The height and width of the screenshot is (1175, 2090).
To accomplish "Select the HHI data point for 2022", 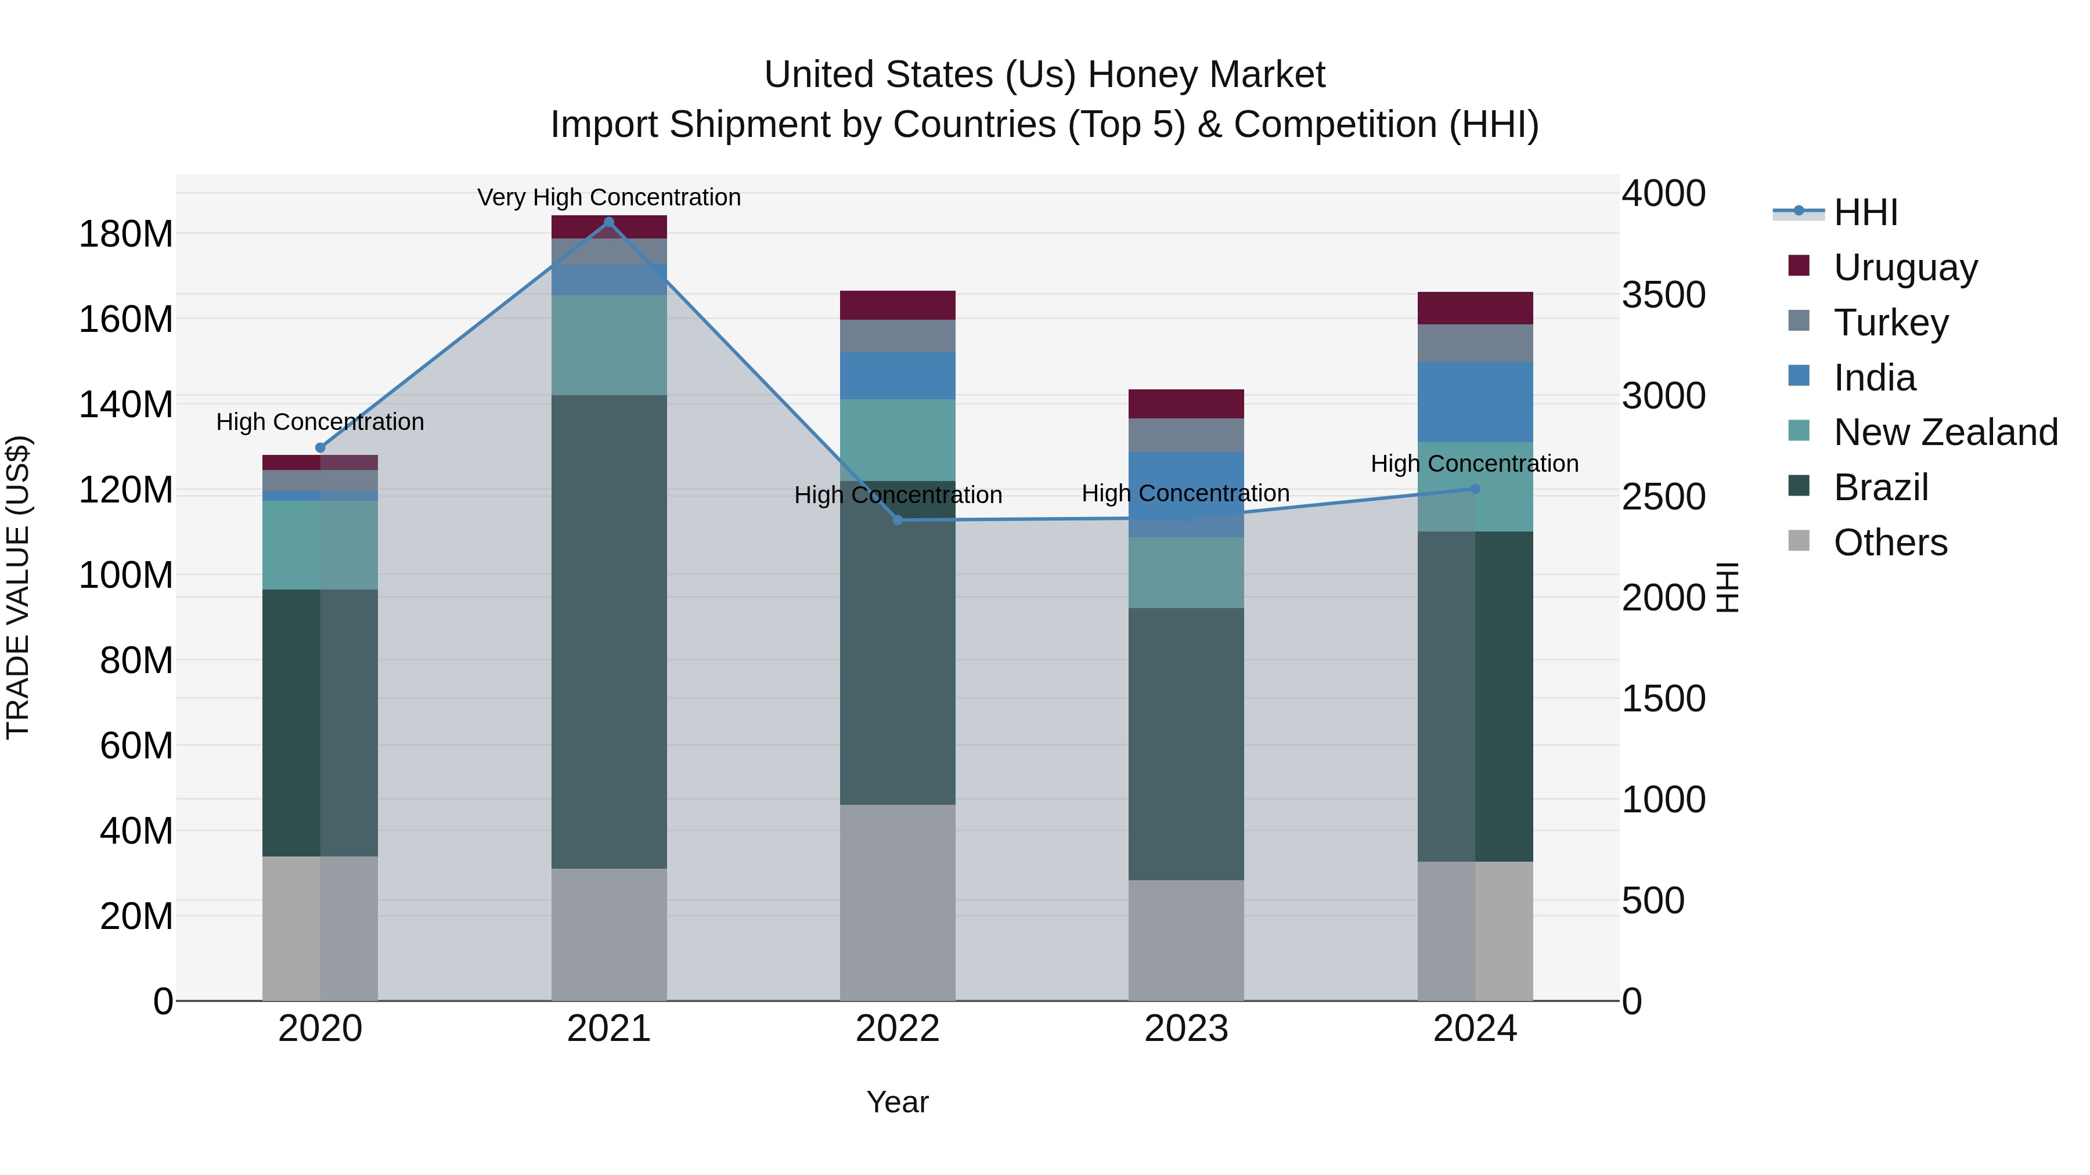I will pyautogui.click(x=898, y=520).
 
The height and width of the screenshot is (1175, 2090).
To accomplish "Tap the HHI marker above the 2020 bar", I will pyautogui.click(x=320, y=447).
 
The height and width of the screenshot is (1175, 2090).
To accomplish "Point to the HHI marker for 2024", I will pyautogui.click(x=1475, y=489).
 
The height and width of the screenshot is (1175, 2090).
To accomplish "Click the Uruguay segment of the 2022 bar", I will pyautogui.click(x=898, y=305).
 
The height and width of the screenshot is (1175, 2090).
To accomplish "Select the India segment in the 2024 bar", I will pyautogui.click(x=1475, y=402).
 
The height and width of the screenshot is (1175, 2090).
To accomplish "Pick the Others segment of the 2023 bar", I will pyautogui.click(x=1186, y=940).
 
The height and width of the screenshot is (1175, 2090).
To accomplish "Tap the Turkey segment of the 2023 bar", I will pyautogui.click(x=1186, y=435).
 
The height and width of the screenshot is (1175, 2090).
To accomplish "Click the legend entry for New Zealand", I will pyautogui.click(x=1945, y=432).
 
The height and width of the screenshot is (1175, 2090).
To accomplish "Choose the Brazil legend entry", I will pyautogui.click(x=1880, y=487).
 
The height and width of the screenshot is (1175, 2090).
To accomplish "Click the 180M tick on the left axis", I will pyautogui.click(x=126, y=234).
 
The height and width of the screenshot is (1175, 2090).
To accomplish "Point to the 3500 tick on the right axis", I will pyautogui.click(x=1663, y=295).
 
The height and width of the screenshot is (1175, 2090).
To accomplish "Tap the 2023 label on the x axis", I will pyautogui.click(x=1186, y=1029).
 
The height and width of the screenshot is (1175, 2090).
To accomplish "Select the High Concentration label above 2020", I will pyautogui.click(x=320, y=422).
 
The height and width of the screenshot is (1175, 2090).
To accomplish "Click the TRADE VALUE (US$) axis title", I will pyautogui.click(x=18, y=587).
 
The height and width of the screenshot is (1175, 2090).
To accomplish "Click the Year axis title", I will pyautogui.click(x=898, y=1102).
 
